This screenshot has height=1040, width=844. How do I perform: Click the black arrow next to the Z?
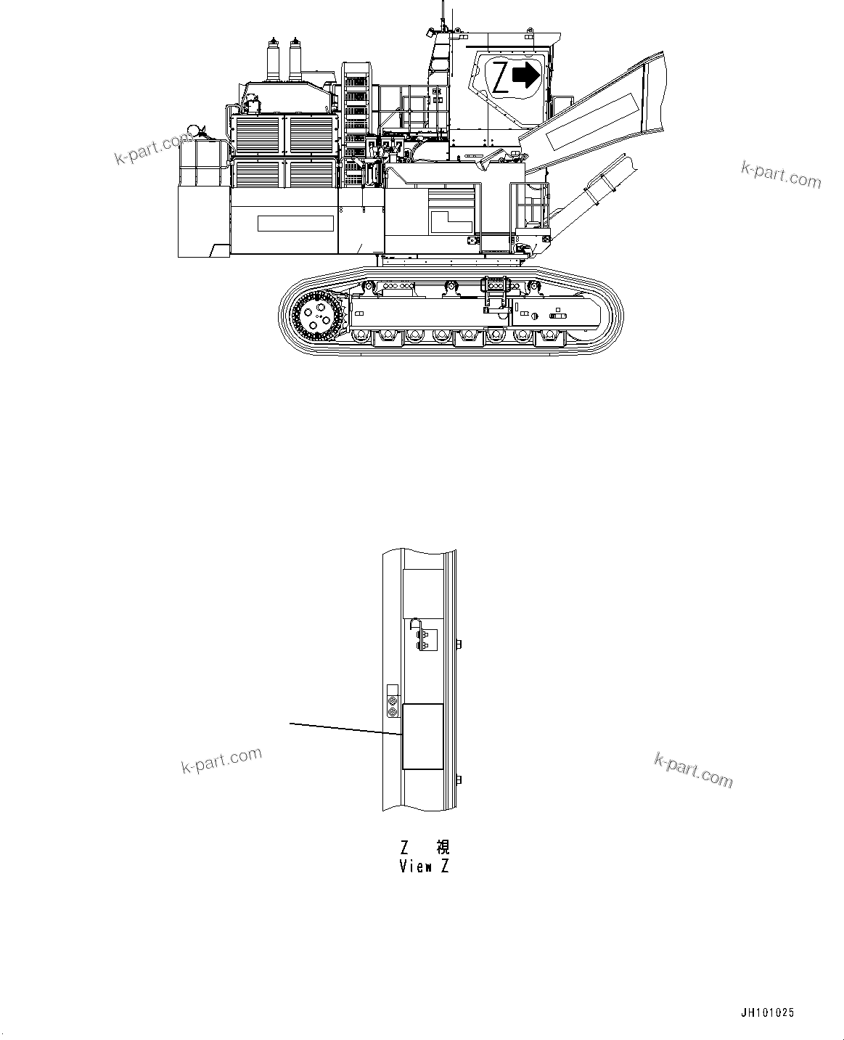525,74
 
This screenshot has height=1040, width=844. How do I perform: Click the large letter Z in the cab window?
500,78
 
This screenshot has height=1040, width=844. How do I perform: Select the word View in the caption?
416,866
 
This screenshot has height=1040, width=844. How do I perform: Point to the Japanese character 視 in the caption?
442,847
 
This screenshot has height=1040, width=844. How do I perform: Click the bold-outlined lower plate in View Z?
422,736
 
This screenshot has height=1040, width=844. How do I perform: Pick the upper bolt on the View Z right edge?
459,643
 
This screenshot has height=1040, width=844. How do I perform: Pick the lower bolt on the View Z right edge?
459,779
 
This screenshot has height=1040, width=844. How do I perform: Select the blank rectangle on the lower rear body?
295,224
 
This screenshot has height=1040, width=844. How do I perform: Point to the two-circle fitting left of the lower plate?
393,707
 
